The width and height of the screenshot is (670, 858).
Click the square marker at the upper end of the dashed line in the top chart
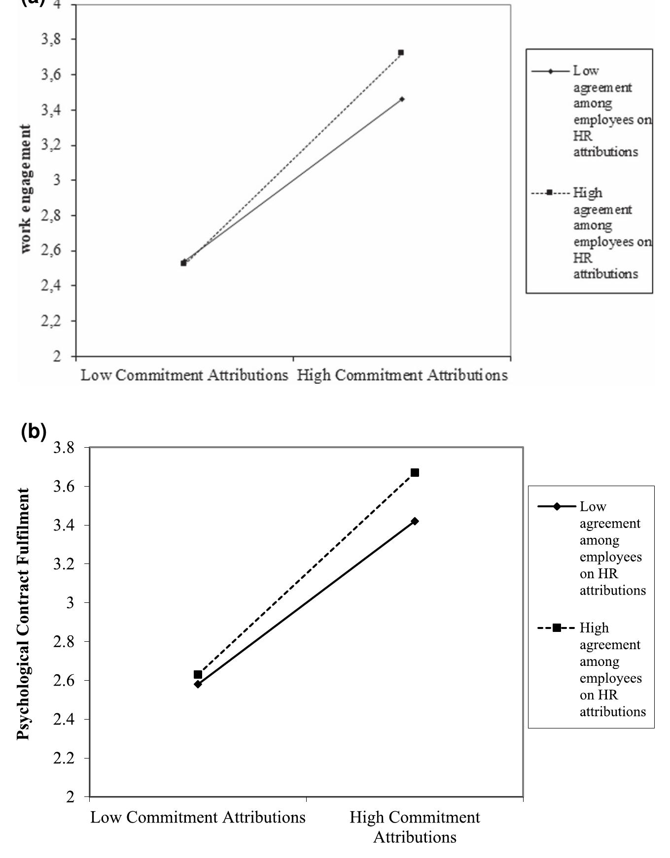pyautogui.click(x=401, y=53)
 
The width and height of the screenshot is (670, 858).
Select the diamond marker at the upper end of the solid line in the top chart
pyautogui.click(x=402, y=99)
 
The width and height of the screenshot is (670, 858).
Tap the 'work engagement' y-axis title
pyautogui.click(x=25, y=189)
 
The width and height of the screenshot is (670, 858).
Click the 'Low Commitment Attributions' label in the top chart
pyautogui.click(x=184, y=375)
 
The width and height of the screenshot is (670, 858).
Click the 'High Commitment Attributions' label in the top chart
pyautogui.click(x=402, y=375)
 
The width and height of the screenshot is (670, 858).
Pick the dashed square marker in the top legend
pyautogui.click(x=550, y=193)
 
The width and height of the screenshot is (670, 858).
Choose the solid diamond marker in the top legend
pyautogui.click(x=551, y=71)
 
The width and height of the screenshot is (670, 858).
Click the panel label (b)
pyautogui.click(x=34, y=431)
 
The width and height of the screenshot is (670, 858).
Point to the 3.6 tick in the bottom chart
pyautogui.click(x=64, y=487)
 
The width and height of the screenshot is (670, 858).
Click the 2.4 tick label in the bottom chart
pyautogui.click(x=64, y=720)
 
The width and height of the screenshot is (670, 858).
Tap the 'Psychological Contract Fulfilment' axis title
pyautogui.click(x=23, y=614)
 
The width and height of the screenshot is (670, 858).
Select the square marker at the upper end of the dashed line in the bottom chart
pyautogui.click(x=415, y=473)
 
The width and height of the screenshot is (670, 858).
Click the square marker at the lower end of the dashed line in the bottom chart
pyautogui.click(x=198, y=674)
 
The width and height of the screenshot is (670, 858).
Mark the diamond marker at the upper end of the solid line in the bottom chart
pyautogui.click(x=415, y=521)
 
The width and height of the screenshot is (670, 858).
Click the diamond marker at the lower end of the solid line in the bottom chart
pyautogui.click(x=198, y=684)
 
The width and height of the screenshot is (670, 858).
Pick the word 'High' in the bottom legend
pyautogui.click(x=594, y=628)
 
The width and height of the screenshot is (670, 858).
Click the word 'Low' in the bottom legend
pyautogui.click(x=592, y=507)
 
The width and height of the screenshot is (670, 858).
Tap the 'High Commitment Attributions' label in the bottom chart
pyautogui.click(x=415, y=827)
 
